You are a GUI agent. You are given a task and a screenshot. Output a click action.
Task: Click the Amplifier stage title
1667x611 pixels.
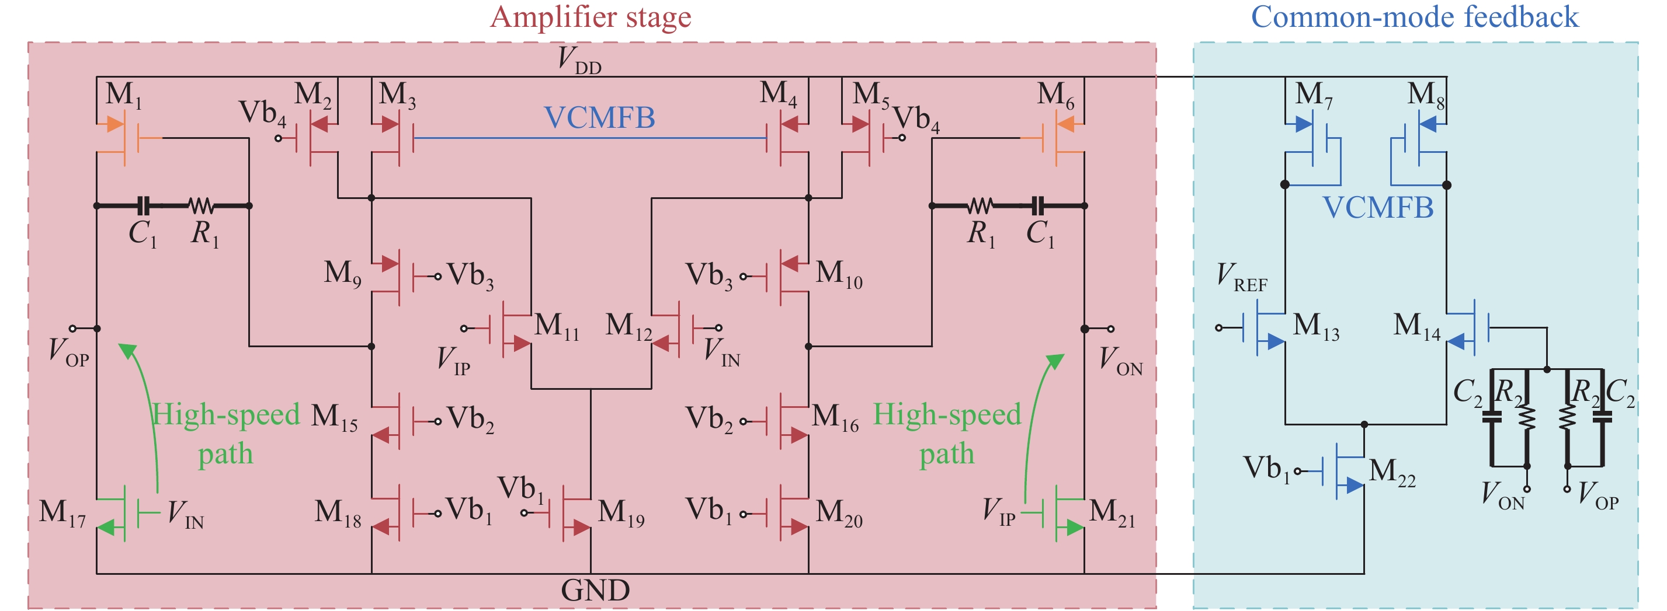pyautogui.click(x=590, y=18)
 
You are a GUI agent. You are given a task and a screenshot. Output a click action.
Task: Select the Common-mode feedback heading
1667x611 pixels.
pyautogui.click(x=1415, y=18)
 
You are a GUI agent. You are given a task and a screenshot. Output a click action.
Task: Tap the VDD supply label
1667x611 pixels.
pyautogui.click(x=579, y=60)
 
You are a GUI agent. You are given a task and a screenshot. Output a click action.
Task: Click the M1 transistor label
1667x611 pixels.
pyautogui.click(x=123, y=95)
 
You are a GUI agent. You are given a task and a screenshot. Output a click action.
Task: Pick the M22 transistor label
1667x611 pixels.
pyautogui.click(x=1392, y=472)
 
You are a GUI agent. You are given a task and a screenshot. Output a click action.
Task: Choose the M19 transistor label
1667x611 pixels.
pyautogui.click(x=620, y=513)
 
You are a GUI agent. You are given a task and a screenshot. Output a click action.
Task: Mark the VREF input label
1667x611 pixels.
pyautogui.click(x=1241, y=277)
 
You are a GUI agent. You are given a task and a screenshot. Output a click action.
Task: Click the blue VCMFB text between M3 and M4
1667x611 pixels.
pyautogui.click(x=599, y=118)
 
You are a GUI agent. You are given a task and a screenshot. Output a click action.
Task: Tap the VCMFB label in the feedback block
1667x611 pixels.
pyautogui.click(x=1378, y=208)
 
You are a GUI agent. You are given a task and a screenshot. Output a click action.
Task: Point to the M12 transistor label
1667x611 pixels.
pyautogui.click(x=628, y=326)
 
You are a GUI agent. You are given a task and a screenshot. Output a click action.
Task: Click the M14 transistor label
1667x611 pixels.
pyautogui.click(x=1416, y=326)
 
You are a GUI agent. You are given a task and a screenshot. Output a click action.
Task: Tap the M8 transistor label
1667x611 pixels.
pyautogui.click(x=1426, y=95)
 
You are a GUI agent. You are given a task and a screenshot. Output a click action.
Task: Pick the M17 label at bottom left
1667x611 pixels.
pyautogui.click(x=62, y=513)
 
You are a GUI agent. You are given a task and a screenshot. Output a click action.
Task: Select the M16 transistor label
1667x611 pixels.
pyautogui.click(x=835, y=417)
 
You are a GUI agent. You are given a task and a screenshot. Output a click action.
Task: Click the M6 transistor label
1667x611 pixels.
pyautogui.click(x=1055, y=95)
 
